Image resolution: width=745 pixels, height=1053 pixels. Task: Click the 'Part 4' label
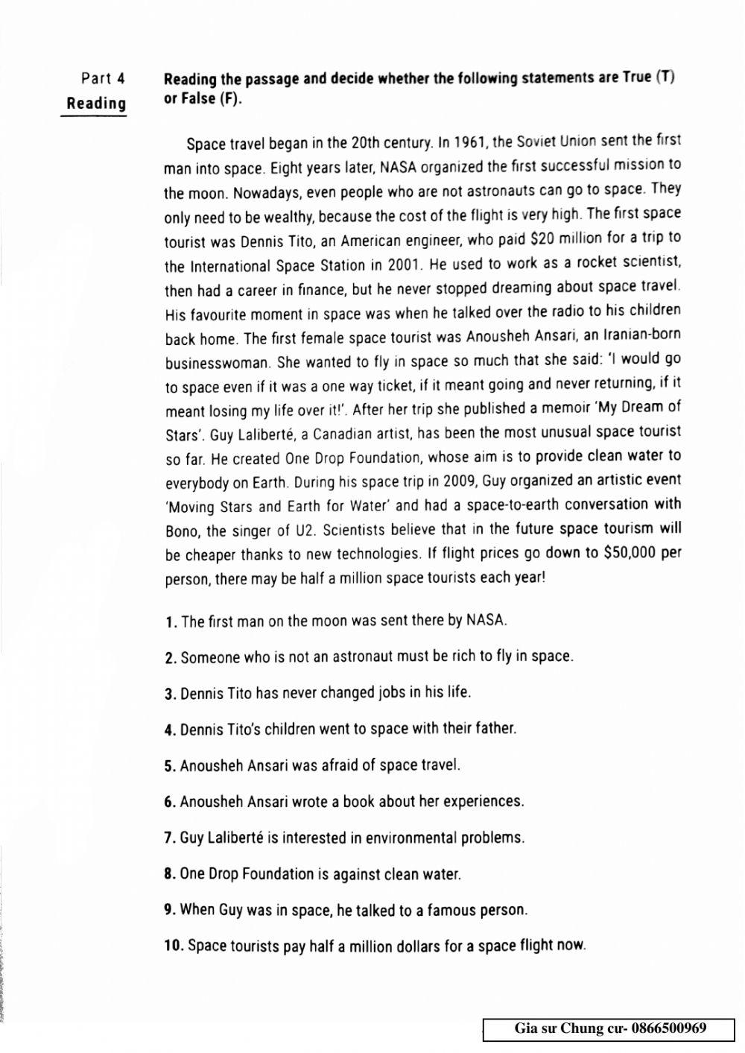tap(103, 78)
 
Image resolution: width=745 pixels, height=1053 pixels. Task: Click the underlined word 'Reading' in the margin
tap(96, 104)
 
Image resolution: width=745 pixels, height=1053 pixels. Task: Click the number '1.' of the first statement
tap(171, 622)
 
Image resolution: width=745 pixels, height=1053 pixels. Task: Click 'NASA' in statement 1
tap(486, 620)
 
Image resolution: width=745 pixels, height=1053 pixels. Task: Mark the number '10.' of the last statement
tap(174, 947)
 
